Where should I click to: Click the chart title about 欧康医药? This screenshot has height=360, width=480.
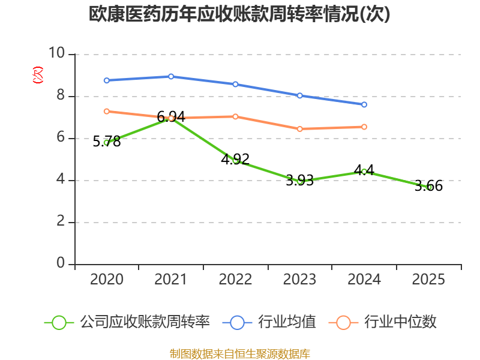[239, 14]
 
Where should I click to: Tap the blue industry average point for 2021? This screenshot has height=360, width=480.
[171, 76]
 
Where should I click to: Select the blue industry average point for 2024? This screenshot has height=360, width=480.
[364, 104]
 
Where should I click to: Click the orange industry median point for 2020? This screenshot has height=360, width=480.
[107, 112]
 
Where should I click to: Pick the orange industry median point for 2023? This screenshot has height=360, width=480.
[299, 129]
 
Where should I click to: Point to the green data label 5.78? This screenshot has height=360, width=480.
[107, 142]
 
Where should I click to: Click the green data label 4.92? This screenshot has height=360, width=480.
[235, 159]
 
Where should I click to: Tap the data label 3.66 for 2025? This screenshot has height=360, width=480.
[428, 186]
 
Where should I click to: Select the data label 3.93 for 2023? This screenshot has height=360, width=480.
[299, 181]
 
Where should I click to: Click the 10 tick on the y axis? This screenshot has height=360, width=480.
[56, 53]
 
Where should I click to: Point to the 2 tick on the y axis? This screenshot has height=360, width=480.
[61, 221]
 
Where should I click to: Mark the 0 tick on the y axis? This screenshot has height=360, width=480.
[61, 263]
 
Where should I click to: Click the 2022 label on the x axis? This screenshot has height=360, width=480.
[235, 279]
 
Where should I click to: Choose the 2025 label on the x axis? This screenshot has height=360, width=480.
[428, 279]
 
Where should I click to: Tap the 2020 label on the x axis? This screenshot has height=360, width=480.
[107, 279]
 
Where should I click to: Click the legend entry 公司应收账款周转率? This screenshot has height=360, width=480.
[127, 322]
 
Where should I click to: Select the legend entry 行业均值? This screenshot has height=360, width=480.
[269, 322]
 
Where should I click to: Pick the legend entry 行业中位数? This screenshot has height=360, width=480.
[382, 322]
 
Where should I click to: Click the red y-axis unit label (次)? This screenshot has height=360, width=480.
[38, 75]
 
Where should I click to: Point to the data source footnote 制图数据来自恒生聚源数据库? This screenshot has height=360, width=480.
[240, 354]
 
